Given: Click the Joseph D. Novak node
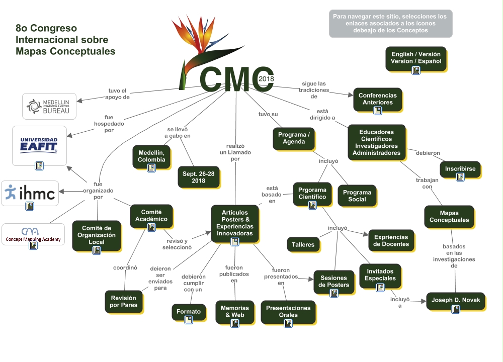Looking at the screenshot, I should tap(456, 301).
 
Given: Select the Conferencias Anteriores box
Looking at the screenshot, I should tap(377, 99).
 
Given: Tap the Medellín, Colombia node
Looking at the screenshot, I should tap(151, 156).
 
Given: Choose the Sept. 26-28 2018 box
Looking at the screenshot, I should tap(199, 177).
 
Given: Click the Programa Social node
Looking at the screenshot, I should tap(357, 196).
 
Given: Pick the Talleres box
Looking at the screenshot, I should tap(303, 245).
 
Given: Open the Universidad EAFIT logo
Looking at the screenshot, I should tap(39, 145).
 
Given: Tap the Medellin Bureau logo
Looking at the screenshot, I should tap(49, 106).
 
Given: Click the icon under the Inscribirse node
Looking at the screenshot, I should tap(460, 177).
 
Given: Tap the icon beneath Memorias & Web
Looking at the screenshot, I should tap(234, 323).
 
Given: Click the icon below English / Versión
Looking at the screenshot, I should tap(416, 70).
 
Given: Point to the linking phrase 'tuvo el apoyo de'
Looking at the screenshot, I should tap(119, 94).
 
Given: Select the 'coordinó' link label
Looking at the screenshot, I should tap(125, 267).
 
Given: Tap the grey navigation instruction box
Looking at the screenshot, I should tap(390, 23).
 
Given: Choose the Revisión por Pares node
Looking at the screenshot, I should tap(124, 301).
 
